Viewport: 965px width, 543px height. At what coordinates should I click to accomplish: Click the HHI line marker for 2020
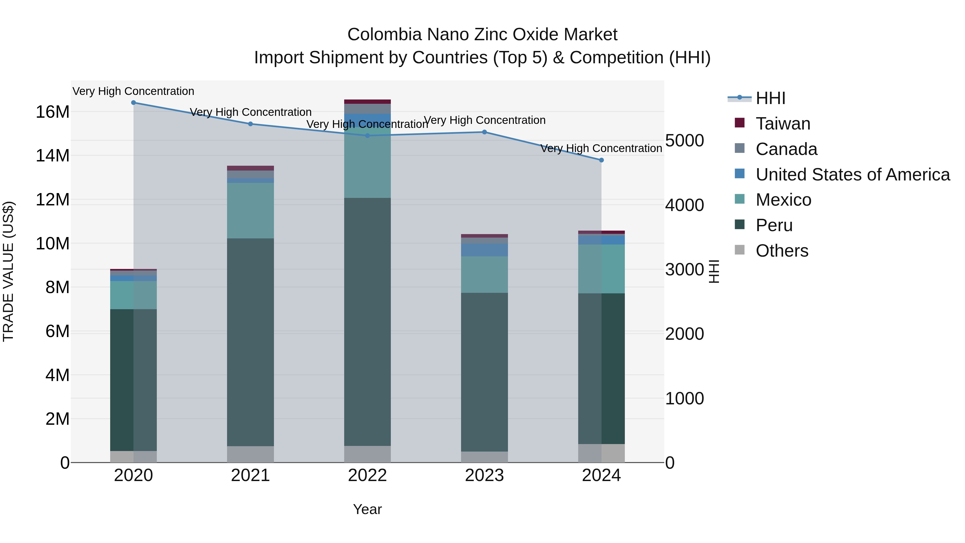(x=133, y=102)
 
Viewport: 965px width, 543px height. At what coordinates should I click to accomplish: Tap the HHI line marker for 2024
(x=601, y=160)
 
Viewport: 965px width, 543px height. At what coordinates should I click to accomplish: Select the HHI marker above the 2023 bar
(x=484, y=132)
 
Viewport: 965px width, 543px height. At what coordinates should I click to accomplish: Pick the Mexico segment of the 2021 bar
(x=250, y=210)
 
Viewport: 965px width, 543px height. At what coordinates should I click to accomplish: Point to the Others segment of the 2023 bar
(x=484, y=457)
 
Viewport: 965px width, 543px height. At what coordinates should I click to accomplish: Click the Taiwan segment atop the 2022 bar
(x=367, y=102)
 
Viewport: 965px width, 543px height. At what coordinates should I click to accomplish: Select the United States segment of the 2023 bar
(x=484, y=250)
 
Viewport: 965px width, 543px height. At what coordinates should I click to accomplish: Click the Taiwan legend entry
(x=782, y=124)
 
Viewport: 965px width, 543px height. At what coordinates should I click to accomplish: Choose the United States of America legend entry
(x=852, y=175)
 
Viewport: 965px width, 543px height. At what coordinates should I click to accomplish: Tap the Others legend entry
(x=781, y=251)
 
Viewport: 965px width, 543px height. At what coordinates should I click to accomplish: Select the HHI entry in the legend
(x=770, y=98)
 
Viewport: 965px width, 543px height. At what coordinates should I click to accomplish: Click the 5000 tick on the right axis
(x=684, y=141)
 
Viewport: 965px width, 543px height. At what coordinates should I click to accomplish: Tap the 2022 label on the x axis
(x=367, y=475)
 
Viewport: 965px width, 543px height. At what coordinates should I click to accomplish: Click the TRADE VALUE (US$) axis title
(x=8, y=271)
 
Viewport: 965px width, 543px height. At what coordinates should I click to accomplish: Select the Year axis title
(x=367, y=509)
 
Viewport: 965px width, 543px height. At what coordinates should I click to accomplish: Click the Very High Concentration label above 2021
(x=250, y=112)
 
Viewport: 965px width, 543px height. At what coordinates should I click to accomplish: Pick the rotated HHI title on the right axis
(x=714, y=271)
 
